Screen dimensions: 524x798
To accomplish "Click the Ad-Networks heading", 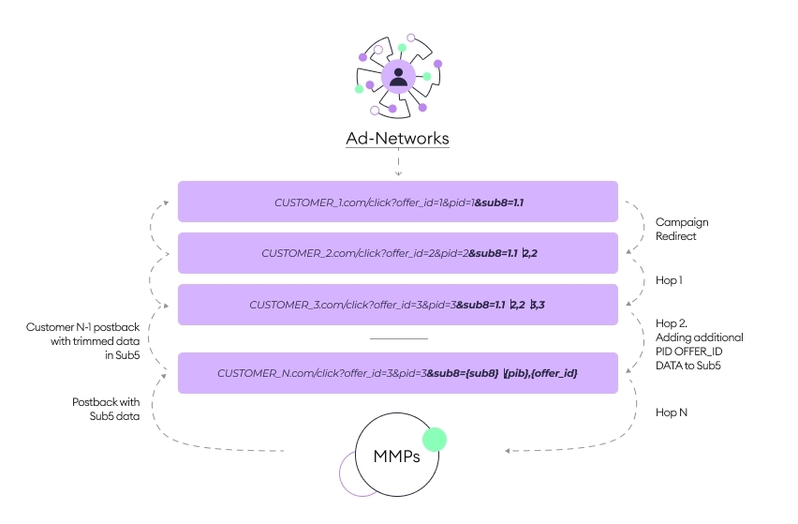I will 398,139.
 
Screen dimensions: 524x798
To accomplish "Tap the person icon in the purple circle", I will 399,77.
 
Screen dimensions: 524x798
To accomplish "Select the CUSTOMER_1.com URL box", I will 398,202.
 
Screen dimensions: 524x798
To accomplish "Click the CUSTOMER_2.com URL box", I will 398,253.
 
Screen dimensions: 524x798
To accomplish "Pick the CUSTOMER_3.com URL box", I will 398,305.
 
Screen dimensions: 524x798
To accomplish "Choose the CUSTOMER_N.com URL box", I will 398,373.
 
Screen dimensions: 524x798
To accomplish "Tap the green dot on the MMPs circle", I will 434,440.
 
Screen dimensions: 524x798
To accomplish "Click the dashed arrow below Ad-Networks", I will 398,165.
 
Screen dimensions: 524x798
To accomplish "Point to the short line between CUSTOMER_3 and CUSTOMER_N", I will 398,338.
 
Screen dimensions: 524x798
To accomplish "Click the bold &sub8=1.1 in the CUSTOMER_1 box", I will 505,202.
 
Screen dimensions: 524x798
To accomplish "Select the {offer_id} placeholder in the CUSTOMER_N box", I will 556,373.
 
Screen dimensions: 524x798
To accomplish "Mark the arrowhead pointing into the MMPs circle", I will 508,452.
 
